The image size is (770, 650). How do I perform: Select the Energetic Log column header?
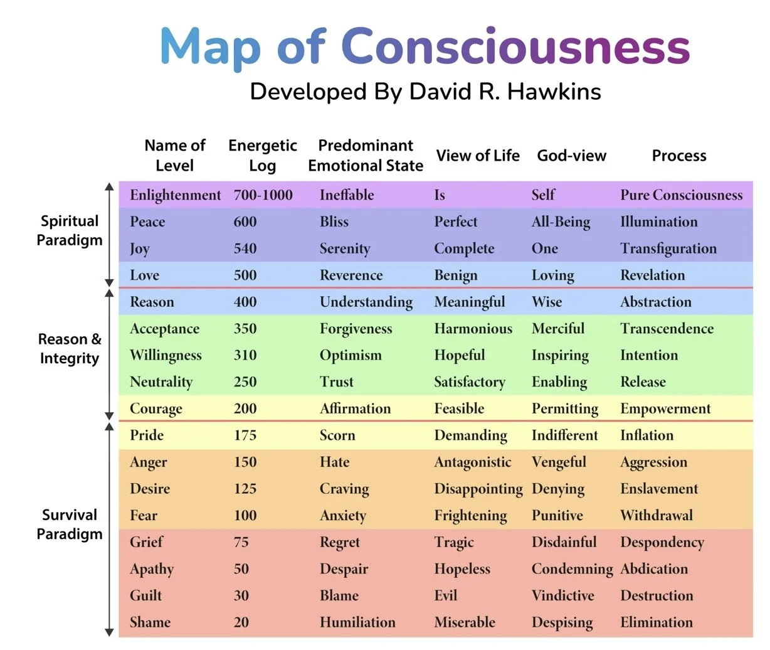[x=262, y=155]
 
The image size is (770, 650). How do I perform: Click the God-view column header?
[x=571, y=156]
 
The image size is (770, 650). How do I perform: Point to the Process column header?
[x=678, y=156]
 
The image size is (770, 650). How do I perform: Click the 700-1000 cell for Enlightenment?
[x=263, y=195]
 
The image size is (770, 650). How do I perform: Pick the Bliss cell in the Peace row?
[x=334, y=222]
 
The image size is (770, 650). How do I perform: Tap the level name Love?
[x=144, y=275]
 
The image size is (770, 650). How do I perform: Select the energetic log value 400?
[x=245, y=302]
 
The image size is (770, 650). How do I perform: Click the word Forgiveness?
[x=356, y=329]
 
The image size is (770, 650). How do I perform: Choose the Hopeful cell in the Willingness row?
[x=459, y=355]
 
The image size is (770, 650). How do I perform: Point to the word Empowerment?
[x=665, y=409]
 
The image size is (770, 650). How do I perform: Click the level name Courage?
[x=156, y=409]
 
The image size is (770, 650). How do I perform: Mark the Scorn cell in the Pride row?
[x=337, y=435]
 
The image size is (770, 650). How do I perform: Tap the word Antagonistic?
[x=472, y=462]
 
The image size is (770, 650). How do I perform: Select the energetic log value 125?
[x=245, y=489]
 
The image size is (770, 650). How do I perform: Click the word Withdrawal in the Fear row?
[x=656, y=516]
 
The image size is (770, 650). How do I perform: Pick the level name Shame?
[x=150, y=622]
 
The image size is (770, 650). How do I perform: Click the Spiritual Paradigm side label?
[x=69, y=230]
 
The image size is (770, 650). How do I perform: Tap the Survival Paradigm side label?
[x=69, y=524]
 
